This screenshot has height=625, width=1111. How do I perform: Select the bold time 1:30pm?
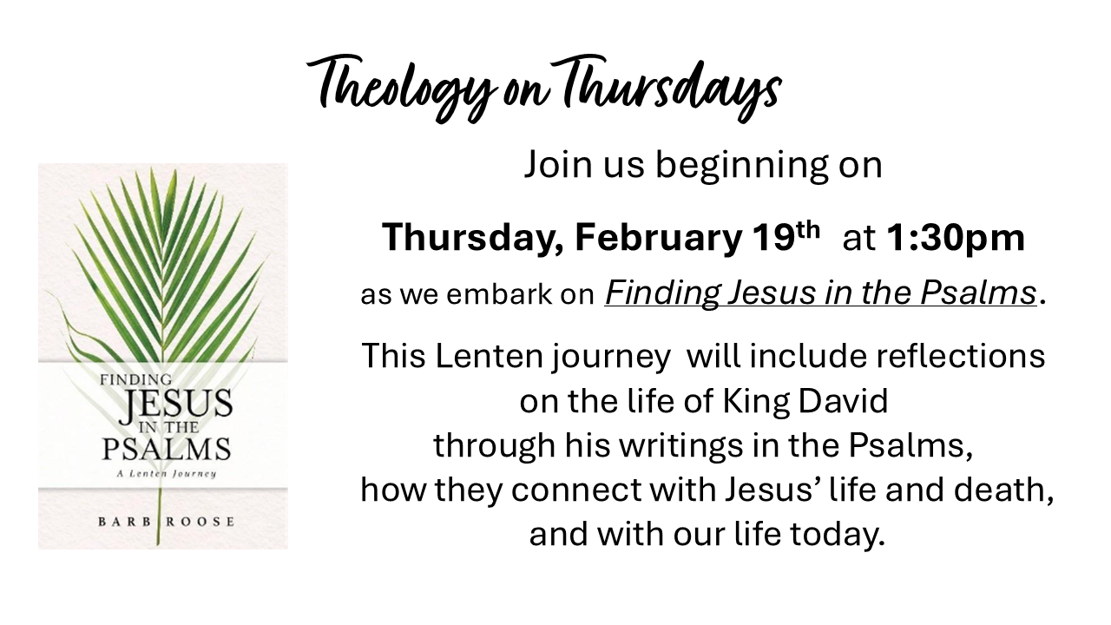(x=955, y=238)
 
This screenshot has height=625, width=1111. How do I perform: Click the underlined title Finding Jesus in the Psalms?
(x=820, y=293)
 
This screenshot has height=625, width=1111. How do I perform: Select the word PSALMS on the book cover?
(x=166, y=450)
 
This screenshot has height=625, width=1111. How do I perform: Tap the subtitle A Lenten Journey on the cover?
(x=165, y=474)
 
